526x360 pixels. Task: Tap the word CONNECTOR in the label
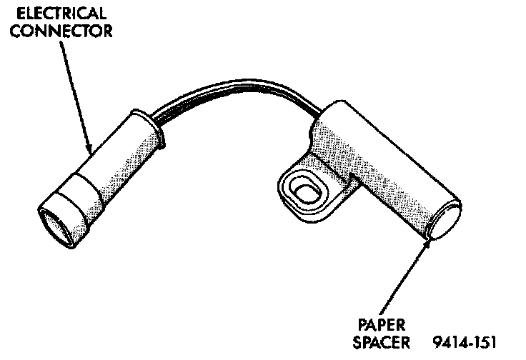tap(64, 31)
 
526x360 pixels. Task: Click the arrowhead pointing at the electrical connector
tap(90, 149)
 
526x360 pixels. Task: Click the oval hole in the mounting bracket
tap(307, 191)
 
